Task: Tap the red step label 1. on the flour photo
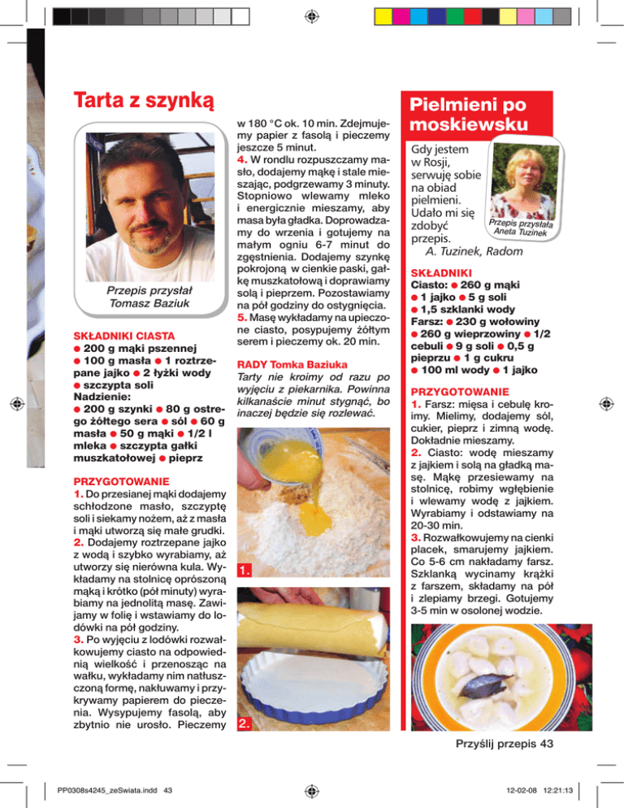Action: click(246, 571)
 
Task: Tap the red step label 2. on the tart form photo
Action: click(246, 723)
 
